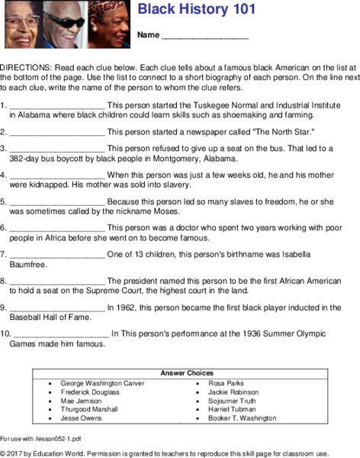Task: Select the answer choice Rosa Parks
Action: (227, 382)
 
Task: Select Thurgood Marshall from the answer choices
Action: (88, 409)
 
